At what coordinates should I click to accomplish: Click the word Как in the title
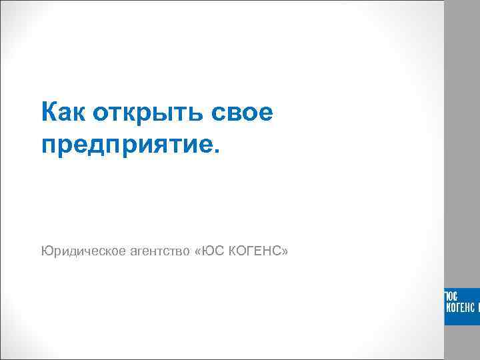coord(63,112)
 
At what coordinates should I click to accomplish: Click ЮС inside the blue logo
coord(451,295)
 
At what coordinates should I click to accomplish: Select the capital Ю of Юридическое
coord(46,251)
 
